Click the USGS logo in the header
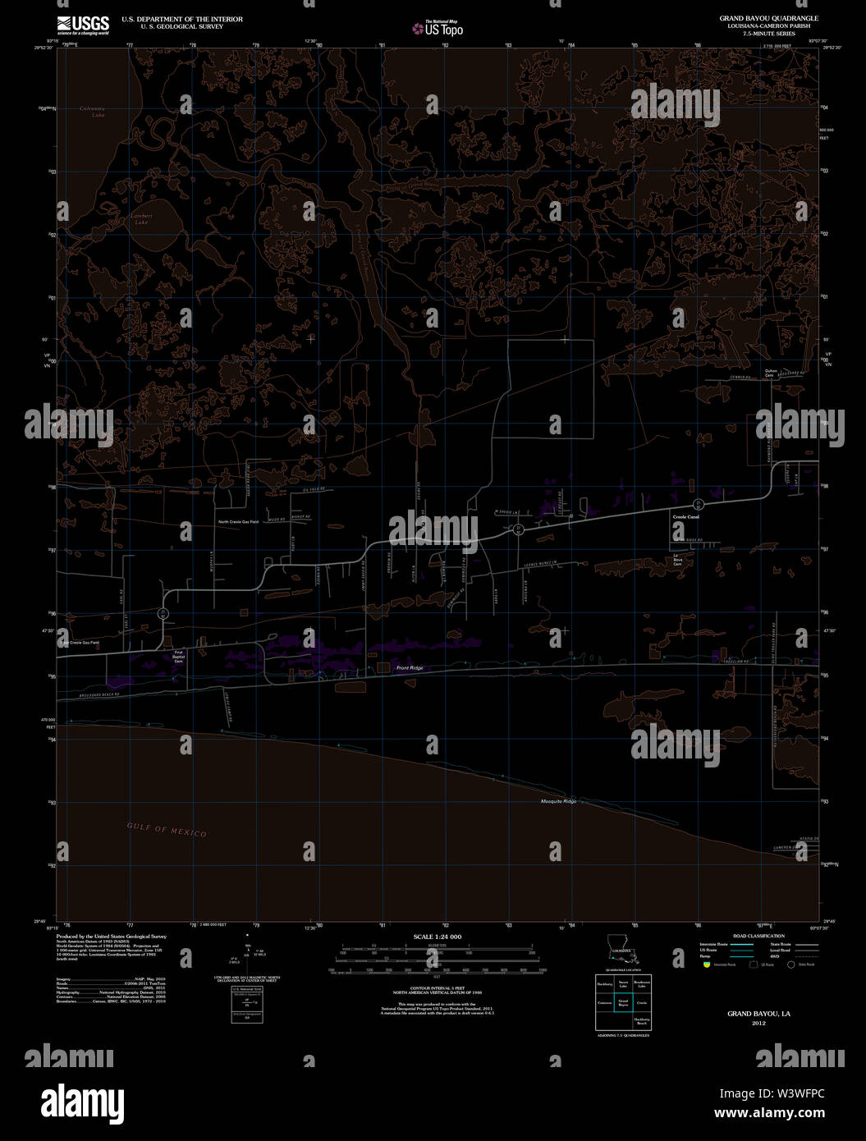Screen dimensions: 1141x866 [x=83, y=25]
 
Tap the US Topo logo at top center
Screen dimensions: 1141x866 [x=438, y=29]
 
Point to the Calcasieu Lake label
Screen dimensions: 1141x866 [x=98, y=112]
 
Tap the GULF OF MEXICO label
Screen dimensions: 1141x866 [x=167, y=830]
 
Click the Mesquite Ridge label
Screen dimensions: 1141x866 [x=558, y=801]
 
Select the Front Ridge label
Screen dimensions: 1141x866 [x=409, y=668]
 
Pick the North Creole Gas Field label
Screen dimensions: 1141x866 [x=238, y=522]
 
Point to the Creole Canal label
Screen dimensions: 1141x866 [x=685, y=517]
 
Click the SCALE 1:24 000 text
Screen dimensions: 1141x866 [x=437, y=937]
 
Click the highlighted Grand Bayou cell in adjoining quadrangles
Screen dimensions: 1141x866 [x=623, y=1002]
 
